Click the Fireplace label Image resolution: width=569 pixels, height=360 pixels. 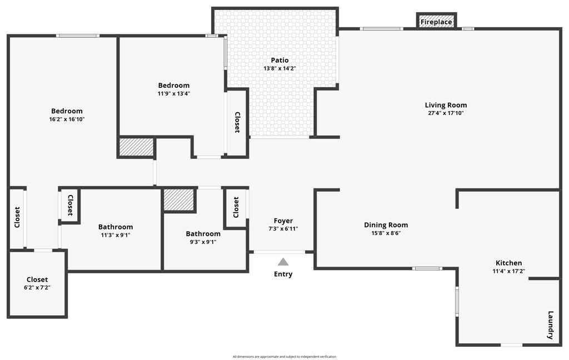click(437, 22)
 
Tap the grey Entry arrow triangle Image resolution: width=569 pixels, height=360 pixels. click(283, 262)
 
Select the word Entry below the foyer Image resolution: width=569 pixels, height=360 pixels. click(283, 274)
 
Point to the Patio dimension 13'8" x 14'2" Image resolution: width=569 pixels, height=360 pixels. click(279, 68)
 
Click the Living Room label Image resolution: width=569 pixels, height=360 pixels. click(446, 105)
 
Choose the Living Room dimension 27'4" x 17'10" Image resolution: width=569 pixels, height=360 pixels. click(446, 113)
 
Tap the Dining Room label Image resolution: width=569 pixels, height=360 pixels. click(386, 225)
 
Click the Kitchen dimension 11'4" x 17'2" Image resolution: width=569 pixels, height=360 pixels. click(508, 271)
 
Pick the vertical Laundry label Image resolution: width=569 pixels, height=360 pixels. click(551, 325)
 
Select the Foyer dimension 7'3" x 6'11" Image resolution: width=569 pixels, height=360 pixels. click(283, 229)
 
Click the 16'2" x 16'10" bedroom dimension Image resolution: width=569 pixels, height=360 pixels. click(67, 119)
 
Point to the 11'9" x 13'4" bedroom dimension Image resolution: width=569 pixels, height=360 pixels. click(173, 93)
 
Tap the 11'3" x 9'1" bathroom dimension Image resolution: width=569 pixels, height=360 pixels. click(116, 235)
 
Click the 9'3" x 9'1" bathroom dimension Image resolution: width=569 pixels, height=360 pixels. click(203, 242)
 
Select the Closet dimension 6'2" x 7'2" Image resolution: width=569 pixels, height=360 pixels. click(37, 287)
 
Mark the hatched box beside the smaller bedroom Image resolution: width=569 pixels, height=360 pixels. click(136, 147)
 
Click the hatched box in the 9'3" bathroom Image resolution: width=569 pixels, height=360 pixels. click(179, 199)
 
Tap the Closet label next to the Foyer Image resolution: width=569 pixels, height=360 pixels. click(236, 207)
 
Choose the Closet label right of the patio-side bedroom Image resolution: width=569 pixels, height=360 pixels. click(237, 122)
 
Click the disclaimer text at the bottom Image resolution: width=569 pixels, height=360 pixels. click(284, 357)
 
